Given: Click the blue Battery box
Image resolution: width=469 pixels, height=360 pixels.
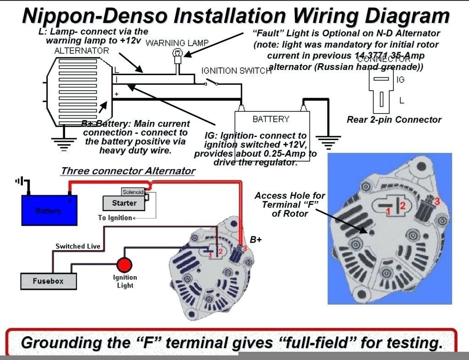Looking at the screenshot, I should [x=49, y=210].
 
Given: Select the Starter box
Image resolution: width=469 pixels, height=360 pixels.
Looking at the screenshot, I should [x=124, y=203].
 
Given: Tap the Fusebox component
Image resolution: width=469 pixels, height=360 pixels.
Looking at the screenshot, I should [x=48, y=281].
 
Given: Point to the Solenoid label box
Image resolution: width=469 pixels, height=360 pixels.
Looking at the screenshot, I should [x=133, y=192].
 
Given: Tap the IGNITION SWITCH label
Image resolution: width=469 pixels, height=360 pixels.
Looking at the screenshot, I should [x=237, y=71].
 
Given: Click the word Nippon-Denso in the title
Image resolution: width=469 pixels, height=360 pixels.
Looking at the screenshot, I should [x=94, y=16].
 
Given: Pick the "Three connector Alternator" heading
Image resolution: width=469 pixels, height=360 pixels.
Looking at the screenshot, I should [x=128, y=171].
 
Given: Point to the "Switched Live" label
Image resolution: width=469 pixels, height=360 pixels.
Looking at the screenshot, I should [x=78, y=246].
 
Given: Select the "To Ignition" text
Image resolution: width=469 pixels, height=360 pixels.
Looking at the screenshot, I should [x=115, y=218].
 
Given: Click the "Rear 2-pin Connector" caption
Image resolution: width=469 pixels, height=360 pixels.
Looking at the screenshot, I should [x=394, y=120].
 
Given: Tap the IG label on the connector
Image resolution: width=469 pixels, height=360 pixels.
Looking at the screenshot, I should [x=400, y=80].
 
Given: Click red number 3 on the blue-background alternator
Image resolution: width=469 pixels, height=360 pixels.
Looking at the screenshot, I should [x=437, y=201].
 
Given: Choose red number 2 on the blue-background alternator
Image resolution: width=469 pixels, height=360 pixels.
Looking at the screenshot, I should [x=403, y=206].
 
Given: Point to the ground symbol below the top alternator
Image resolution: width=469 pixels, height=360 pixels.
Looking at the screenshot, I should [x=63, y=142].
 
